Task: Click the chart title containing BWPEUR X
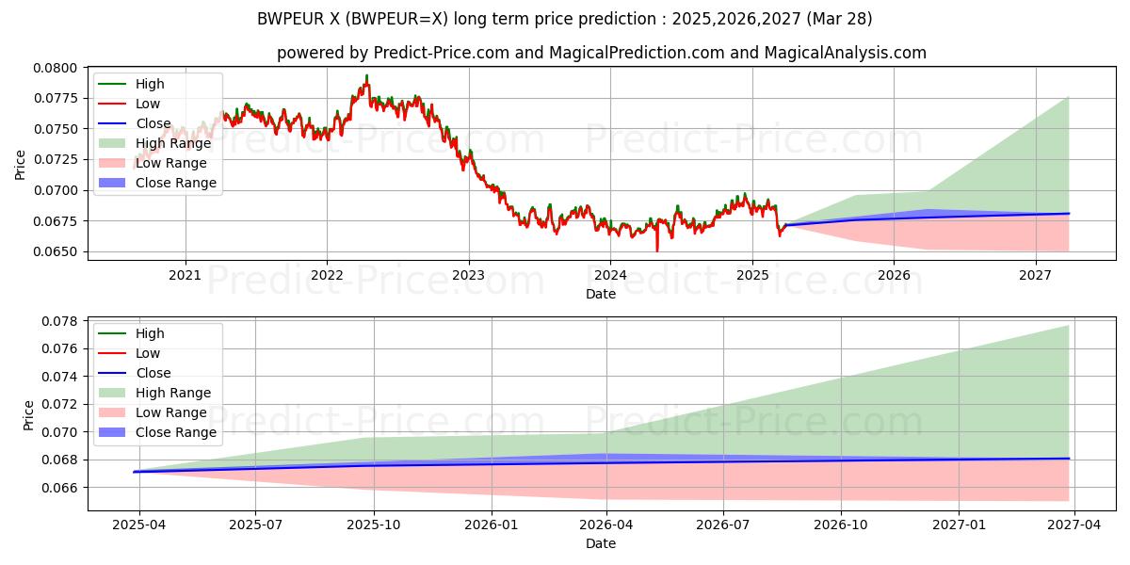point(564,19)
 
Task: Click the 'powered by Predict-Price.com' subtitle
point(601,53)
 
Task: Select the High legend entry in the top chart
point(150,84)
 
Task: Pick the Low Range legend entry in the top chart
point(172,163)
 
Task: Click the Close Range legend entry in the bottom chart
point(176,432)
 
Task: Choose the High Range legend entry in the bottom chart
point(173,393)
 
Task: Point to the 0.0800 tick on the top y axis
point(58,67)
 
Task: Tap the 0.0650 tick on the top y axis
point(58,251)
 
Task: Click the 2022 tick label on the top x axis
point(327,276)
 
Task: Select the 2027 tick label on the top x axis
point(1036,276)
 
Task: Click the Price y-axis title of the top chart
point(21,164)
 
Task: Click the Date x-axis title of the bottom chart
point(601,543)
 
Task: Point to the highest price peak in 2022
point(366,75)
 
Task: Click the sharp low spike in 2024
point(657,250)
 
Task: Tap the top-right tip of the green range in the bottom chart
point(1068,326)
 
